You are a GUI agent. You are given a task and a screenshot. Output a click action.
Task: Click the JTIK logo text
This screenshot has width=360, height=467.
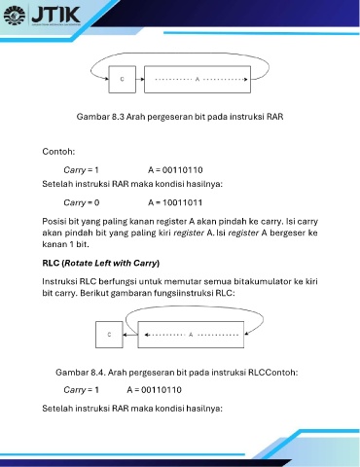point(55,15)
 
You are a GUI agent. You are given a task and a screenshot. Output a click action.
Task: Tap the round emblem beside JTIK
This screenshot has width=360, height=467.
point(15,15)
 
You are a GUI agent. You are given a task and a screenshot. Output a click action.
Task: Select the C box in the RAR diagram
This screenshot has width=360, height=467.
point(122,80)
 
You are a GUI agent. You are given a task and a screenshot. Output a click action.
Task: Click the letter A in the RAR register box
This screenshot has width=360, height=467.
point(198,79)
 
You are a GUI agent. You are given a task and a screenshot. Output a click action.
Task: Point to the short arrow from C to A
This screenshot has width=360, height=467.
point(140,79)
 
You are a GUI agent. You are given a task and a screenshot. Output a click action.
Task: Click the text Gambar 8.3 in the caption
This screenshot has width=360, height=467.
point(100,117)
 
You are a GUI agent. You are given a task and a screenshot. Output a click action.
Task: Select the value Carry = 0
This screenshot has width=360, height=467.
point(82,202)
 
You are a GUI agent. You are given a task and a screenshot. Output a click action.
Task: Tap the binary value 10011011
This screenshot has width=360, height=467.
point(183,202)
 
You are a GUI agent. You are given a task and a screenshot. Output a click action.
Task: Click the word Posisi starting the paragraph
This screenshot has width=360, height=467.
point(54,221)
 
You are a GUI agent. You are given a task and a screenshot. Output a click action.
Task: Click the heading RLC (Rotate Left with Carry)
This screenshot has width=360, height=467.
point(101,263)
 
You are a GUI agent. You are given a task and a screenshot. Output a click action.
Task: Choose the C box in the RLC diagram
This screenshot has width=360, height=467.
point(109,335)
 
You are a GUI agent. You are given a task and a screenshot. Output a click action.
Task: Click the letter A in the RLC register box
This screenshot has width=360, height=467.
point(191,335)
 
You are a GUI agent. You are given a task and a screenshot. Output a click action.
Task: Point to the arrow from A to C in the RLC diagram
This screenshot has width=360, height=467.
point(130,335)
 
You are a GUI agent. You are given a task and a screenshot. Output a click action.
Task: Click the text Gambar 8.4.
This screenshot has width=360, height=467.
point(81,372)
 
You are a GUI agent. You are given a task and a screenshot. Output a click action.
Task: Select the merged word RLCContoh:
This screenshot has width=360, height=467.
point(273,372)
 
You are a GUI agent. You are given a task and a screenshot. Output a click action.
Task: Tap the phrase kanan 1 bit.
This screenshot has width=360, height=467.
point(65,244)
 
